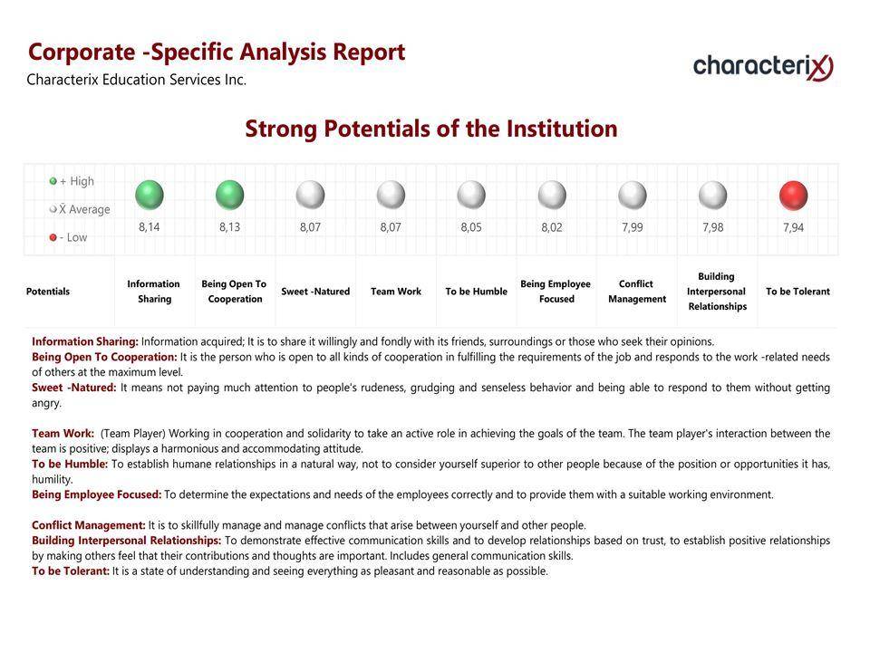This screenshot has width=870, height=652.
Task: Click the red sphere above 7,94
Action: point(794,196)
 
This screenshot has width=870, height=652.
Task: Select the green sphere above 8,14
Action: point(150,195)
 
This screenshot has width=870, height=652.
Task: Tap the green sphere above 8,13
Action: point(229,195)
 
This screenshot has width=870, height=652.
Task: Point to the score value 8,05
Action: point(471,227)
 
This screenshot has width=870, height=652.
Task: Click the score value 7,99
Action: point(633,227)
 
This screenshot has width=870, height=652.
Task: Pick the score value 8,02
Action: point(552,227)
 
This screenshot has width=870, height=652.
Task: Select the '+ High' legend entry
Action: point(72,181)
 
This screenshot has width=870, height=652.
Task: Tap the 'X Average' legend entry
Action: point(80,209)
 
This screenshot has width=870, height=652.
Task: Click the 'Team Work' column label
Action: point(396,291)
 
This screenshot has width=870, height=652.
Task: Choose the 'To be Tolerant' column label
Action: point(797,291)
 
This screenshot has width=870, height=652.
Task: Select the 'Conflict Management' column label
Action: point(637,291)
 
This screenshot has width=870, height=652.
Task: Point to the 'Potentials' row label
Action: point(48,291)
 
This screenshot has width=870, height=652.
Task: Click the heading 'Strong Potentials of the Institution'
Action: point(431,129)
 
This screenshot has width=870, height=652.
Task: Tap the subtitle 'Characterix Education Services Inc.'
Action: point(137,80)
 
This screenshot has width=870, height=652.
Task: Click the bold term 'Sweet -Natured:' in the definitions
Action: point(73,388)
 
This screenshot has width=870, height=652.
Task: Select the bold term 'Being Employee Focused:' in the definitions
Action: point(97,494)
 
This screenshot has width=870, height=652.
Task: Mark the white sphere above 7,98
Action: point(713,196)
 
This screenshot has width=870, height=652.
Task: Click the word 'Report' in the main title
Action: point(369,53)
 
